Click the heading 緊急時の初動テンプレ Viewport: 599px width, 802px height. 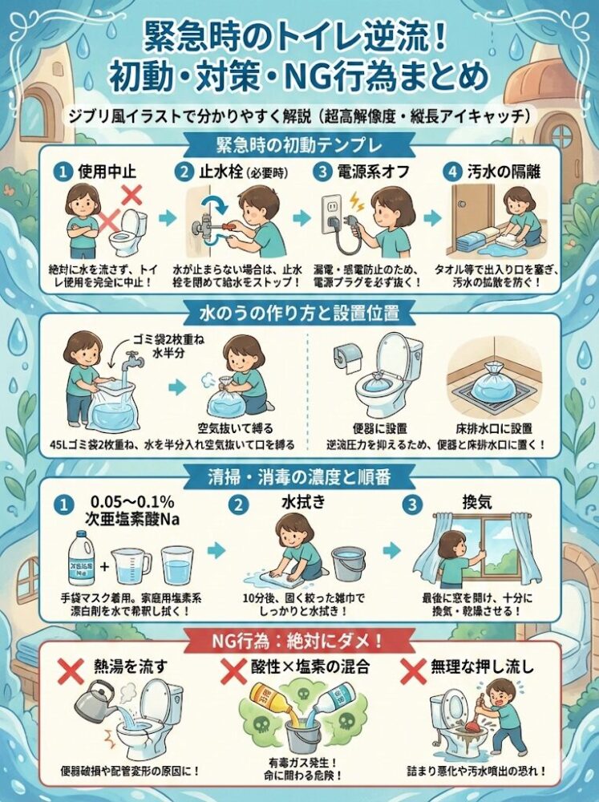(x=298, y=146)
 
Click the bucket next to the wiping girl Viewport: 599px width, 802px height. (x=347, y=564)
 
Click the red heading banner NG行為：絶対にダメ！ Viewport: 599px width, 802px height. (x=298, y=638)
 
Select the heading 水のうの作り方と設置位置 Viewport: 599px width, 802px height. (x=298, y=310)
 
